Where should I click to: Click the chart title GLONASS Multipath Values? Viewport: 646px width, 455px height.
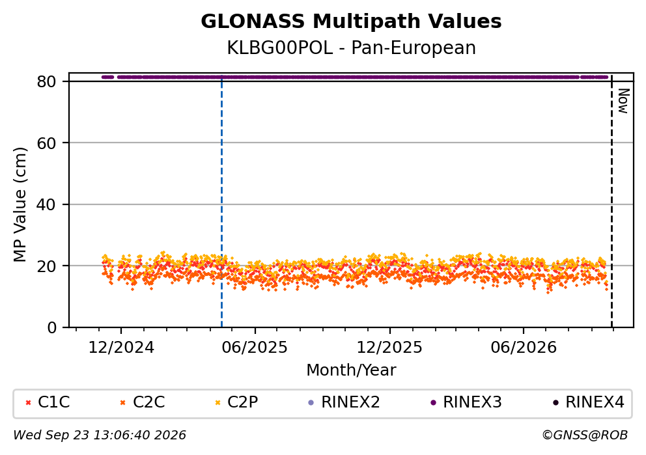tap(351, 21)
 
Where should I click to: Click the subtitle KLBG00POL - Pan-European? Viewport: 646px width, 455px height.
tap(351, 48)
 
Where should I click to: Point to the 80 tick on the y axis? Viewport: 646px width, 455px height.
tap(46, 81)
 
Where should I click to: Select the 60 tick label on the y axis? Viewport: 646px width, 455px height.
tap(46, 143)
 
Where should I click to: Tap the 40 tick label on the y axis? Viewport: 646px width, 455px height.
tap(46, 204)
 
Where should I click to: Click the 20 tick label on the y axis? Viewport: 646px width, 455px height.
tap(46, 266)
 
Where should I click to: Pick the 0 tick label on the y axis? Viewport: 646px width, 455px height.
tap(51, 328)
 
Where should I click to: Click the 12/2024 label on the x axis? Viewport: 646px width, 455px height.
tap(121, 348)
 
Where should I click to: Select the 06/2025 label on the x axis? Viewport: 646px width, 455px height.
tap(255, 348)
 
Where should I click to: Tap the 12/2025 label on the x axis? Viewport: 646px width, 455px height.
tap(389, 348)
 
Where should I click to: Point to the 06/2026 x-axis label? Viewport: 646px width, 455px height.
tap(523, 348)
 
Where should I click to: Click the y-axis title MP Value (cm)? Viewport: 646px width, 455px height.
tap(20, 204)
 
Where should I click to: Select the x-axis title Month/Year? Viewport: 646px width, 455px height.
tap(351, 370)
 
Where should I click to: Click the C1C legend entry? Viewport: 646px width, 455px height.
tap(48, 402)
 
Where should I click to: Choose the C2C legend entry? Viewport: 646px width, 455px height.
tap(143, 402)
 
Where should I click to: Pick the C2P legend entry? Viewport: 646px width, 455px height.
tap(237, 402)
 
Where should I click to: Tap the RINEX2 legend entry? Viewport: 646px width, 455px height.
tap(344, 402)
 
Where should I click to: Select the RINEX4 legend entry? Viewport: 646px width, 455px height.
tap(588, 402)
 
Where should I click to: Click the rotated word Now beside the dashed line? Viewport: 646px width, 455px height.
tap(624, 102)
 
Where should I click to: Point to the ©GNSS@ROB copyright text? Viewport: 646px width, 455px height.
tap(585, 435)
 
